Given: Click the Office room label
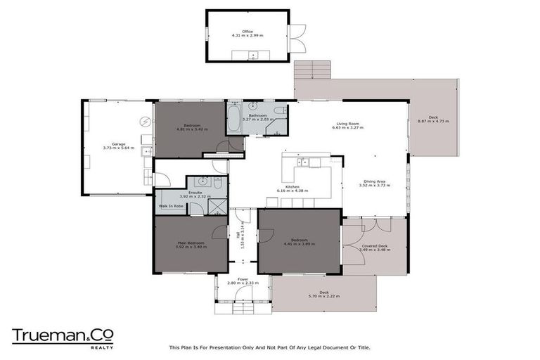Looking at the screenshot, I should click(247, 31).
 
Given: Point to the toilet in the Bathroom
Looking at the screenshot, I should click(281, 110).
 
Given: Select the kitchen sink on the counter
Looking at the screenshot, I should click(304, 163).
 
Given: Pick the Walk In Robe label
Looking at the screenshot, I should click(171, 206).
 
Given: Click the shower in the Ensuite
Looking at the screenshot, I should click(219, 206).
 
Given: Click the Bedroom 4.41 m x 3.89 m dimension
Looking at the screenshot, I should click(300, 244).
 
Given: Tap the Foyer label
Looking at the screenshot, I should click(243, 279).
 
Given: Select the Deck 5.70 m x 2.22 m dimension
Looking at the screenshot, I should click(324, 297).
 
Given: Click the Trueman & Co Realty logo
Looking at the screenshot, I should click(62, 337).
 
